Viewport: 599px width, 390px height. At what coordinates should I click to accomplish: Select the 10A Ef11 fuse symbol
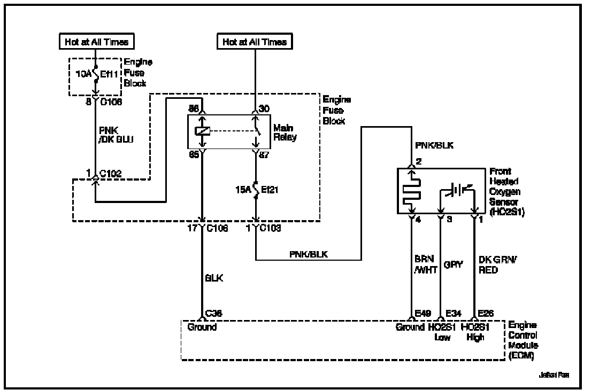(x=95, y=75)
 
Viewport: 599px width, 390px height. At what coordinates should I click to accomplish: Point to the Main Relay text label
(x=286, y=132)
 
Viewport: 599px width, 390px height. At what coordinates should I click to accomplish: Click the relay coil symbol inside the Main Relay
(x=202, y=132)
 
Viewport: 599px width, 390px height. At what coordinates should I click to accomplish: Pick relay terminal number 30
(x=264, y=109)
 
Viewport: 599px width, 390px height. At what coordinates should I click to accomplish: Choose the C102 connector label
(x=110, y=173)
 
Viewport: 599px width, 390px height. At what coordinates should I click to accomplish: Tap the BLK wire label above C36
(x=214, y=278)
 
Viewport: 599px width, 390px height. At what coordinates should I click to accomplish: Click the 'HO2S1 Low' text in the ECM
(x=442, y=332)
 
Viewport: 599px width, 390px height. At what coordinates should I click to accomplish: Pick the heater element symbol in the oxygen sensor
(x=413, y=191)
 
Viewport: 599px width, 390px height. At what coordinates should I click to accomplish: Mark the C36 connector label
(x=214, y=314)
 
